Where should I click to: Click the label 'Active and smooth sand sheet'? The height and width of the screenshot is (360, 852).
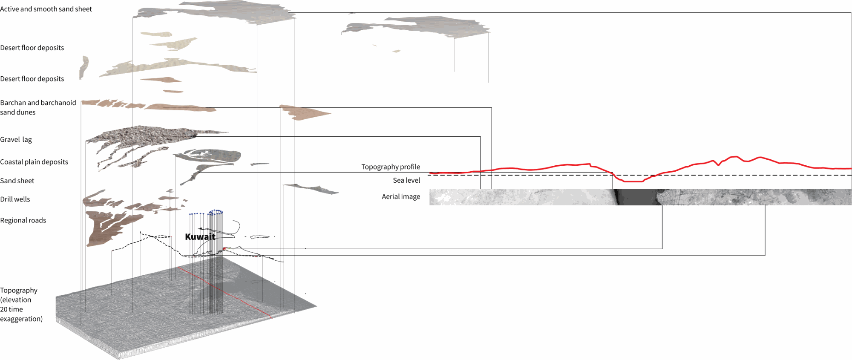[46, 9]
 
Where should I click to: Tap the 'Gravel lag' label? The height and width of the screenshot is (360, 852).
[16, 140]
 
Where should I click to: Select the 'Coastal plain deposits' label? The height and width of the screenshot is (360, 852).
[34, 162]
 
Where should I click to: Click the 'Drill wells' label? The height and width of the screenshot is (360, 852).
[15, 199]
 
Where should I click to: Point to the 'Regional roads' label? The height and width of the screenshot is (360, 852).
[23, 220]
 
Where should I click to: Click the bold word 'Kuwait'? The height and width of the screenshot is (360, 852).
[200, 237]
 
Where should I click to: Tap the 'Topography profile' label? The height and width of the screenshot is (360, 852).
[391, 167]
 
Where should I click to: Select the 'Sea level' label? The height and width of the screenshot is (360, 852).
[406, 181]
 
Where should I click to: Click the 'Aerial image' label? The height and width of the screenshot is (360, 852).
[401, 196]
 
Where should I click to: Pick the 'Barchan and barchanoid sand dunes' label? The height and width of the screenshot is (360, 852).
[38, 107]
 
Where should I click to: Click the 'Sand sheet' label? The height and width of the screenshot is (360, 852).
[17, 181]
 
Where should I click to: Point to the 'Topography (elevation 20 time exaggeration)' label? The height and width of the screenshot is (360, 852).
[21, 305]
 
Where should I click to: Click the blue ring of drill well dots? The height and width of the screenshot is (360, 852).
[216, 212]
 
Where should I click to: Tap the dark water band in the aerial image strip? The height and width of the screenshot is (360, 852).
[637, 197]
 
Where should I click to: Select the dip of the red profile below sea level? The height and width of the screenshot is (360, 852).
[633, 181]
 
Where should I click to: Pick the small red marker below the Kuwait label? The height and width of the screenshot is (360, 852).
[224, 249]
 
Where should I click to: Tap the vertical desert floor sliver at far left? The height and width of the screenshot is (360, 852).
[84, 67]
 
